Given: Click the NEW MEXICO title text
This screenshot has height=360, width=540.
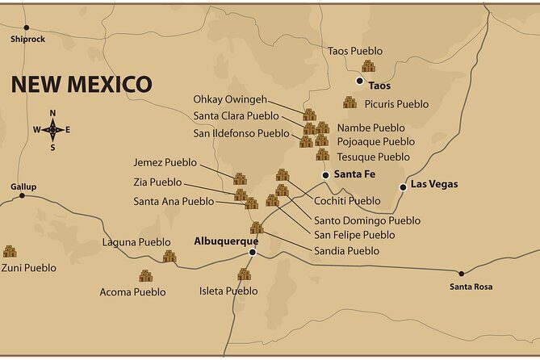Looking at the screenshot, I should click(81, 84).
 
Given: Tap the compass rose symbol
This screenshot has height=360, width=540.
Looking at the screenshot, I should click(52, 129).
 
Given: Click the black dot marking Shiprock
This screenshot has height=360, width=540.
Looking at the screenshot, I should click(26, 27).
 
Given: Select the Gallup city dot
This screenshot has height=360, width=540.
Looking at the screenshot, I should click(23, 196).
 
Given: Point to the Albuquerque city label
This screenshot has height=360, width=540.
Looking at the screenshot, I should click(226, 241).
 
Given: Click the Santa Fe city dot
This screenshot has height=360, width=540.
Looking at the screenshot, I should click(325, 174).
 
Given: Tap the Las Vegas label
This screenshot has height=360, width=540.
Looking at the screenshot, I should click(434, 184).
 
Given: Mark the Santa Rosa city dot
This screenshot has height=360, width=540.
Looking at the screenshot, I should click(461, 273).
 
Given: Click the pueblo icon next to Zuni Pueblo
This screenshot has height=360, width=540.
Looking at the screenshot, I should click(10, 252).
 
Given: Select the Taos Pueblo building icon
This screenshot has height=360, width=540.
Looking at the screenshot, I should click(369, 66).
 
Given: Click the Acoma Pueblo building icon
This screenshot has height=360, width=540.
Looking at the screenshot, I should click(145, 276).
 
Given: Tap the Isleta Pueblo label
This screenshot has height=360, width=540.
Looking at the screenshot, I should click(228, 291).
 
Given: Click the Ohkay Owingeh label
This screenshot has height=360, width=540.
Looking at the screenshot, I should click(230, 99).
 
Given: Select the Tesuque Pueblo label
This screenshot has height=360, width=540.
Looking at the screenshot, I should click(373, 157).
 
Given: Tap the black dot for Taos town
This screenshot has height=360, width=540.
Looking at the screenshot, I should click(360, 81).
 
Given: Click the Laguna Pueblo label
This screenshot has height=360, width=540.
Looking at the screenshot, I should click(136, 242).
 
